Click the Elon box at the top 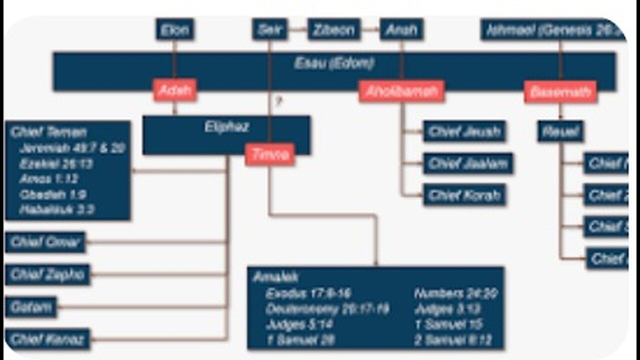click(x=174, y=30)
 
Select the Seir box click(x=270, y=30)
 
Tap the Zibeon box click(x=333, y=30)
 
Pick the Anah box click(x=401, y=30)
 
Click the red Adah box click(x=174, y=91)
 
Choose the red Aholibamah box click(x=401, y=91)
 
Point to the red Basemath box click(x=560, y=92)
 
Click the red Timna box click(x=270, y=155)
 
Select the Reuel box click(x=560, y=132)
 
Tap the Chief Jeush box click(x=464, y=132)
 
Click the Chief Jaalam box click(x=468, y=163)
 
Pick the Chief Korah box click(x=464, y=195)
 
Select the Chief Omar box click(x=45, y=243)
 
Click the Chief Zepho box click(x=47, y=274)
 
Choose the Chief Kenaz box click(x=47, y=339)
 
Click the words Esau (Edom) click(x=333, y=64)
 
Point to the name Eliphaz click(x=226, y=127)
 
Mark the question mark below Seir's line click(x=278, y=102)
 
